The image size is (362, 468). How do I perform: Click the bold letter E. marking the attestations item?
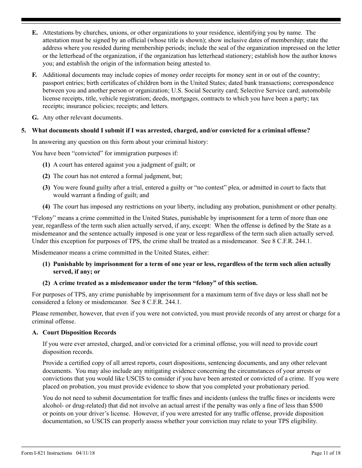pos(35,33)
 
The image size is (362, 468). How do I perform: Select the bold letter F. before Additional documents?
pos(35,75)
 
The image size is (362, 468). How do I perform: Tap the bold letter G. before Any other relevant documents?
pos(35,118)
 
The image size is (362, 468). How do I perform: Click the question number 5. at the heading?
pos(24,131)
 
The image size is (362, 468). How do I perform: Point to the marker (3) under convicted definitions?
pos(46,188)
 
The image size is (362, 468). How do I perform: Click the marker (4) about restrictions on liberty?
pos(46,207)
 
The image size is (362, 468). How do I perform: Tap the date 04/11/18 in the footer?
pos(86,453)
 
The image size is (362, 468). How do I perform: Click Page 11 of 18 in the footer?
pos(326,453)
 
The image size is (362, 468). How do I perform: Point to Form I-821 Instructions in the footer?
pos(46,453)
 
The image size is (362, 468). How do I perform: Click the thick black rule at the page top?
pos(181,20)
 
